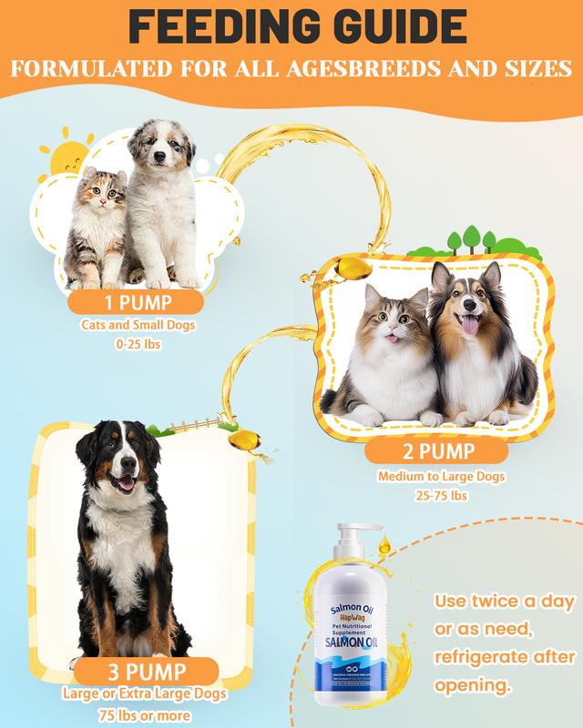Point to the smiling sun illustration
[x=68, y=160]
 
